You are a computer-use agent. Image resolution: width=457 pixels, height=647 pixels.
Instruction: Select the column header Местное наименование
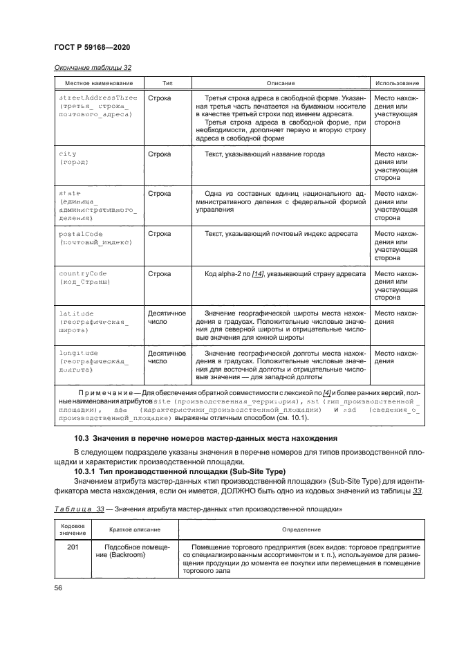point(96,83)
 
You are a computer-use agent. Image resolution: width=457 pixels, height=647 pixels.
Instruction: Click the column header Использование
point(396,83)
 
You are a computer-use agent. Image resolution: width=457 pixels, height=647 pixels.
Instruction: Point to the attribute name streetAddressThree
point(98,98)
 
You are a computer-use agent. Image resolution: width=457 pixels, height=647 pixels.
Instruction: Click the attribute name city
point(68,154)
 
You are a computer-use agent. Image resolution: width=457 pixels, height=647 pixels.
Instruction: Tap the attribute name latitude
point(76,313)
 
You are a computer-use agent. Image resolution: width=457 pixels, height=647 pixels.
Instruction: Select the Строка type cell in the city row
point(159,154)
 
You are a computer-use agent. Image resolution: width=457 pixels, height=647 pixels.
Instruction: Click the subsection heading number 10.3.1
point(87,472)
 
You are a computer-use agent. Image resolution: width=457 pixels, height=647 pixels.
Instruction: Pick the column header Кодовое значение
point(73,529)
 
